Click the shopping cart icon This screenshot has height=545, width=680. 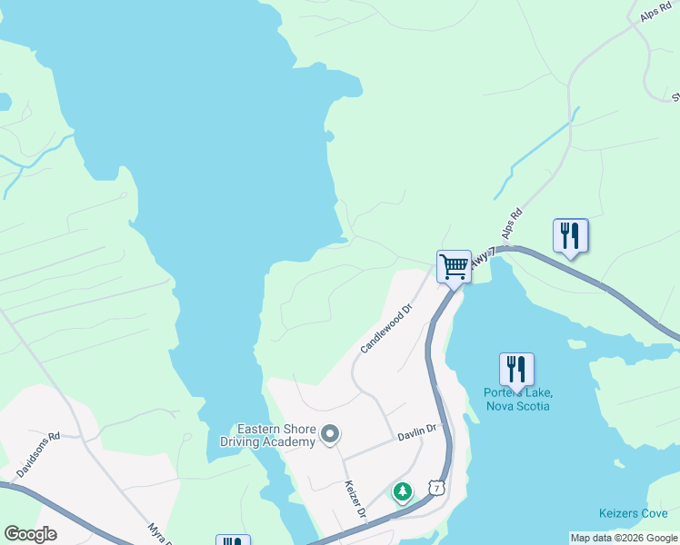click(x=454, y=266)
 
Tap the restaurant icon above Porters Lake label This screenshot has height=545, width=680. click(x=516, y=369)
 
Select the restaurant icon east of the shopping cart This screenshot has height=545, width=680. click(x=570, y=235)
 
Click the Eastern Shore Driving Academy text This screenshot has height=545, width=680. click(x=275, y=435)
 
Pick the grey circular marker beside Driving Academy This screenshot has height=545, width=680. click(x=330, y=435)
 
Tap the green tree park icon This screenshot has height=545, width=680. click(x=402, y=491)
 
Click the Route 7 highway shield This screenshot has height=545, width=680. click(x=437, y=489)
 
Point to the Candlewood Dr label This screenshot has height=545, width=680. click(x=385, y=329)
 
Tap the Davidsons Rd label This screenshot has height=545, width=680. click(x=37, y=455)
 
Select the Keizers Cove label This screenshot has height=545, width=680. click(x=634, y=513)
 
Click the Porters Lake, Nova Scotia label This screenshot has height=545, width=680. click(x=517, y=399)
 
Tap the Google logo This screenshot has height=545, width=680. click(x=30, y=534)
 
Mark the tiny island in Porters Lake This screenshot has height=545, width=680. click(x=575, y=343)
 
